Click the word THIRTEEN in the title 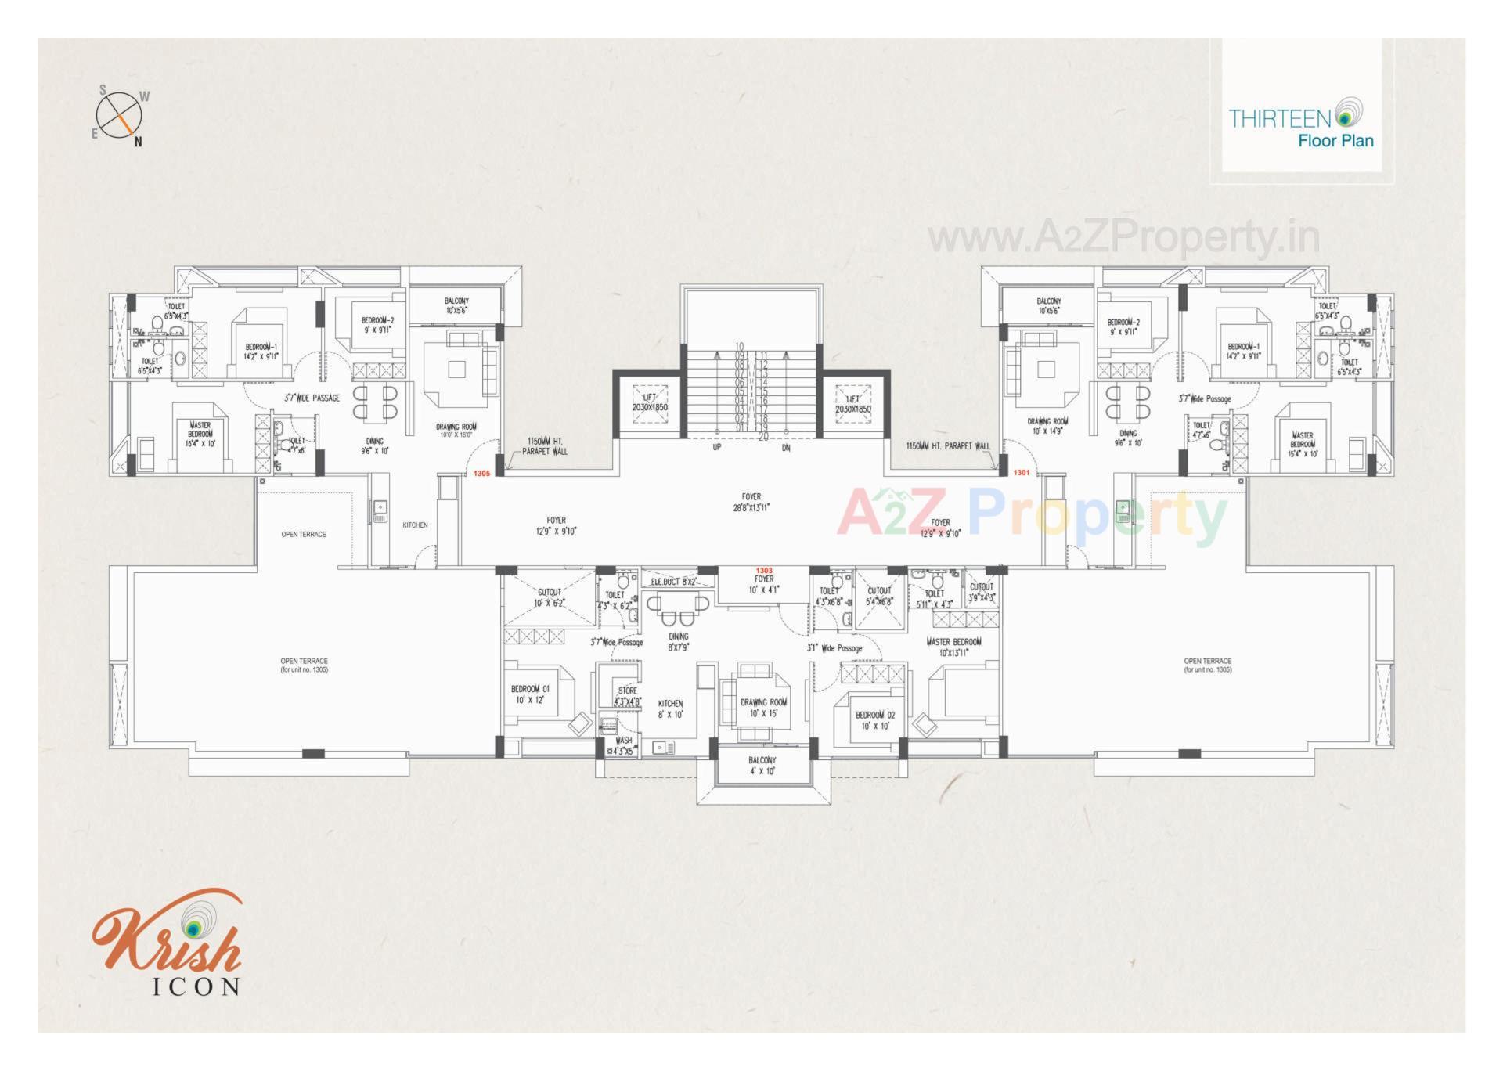coord(1279,118)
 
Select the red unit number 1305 coord(481,474)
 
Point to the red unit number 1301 coord(1022,473)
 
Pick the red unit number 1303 coord(764,571)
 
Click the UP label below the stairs coord(716,448)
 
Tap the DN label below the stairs coord(786,448)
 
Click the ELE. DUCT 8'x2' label coord(673,582)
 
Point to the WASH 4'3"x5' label coord(623,745)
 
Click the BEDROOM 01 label coord(530,694)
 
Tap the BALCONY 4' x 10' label coord(762,766)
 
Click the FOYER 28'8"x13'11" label coord(751,502)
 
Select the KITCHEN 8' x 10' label coord(670,709)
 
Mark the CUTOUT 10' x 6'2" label coord(549,597)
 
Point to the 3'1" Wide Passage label coord(834,648)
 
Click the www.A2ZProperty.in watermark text coord(1124,237)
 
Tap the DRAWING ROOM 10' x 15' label coord(763,708)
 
